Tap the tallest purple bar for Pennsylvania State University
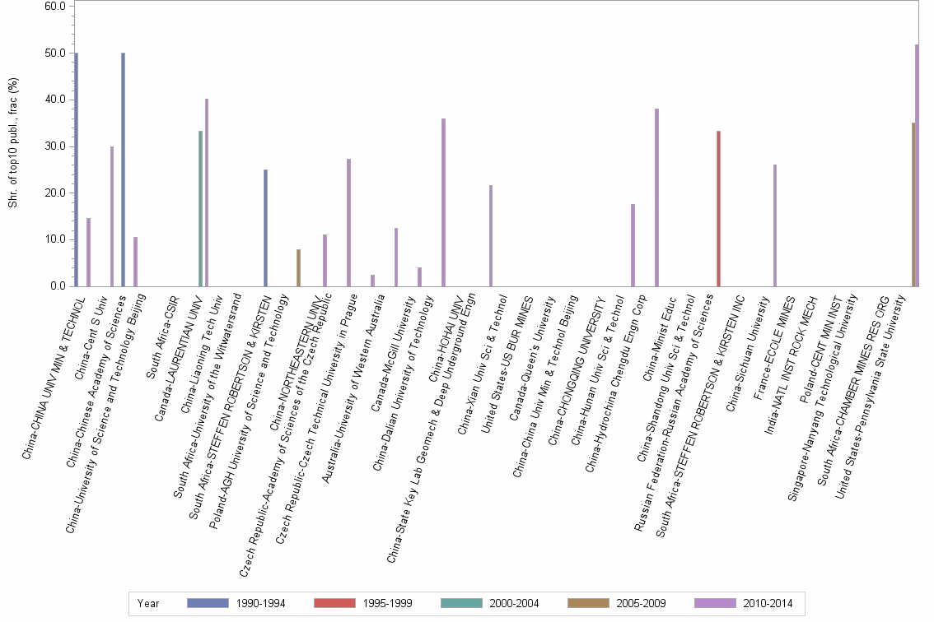point(917,165)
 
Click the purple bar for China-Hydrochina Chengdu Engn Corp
point(656,197)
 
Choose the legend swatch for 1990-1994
point(208,603)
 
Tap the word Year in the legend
point(148,603)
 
